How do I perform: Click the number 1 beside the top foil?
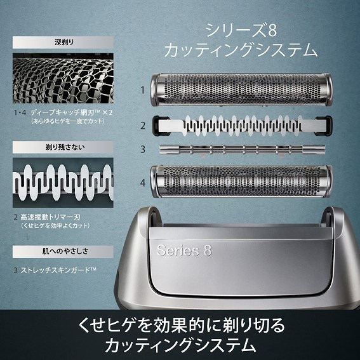[x=143, y=90]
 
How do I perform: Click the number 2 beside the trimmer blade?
[x=143, y=125]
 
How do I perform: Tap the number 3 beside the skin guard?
[x=143, y=150]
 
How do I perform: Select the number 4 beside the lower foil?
[x=143, y=183]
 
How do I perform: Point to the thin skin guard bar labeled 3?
[x=243, y=150]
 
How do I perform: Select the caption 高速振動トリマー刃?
[x=57, y=217]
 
